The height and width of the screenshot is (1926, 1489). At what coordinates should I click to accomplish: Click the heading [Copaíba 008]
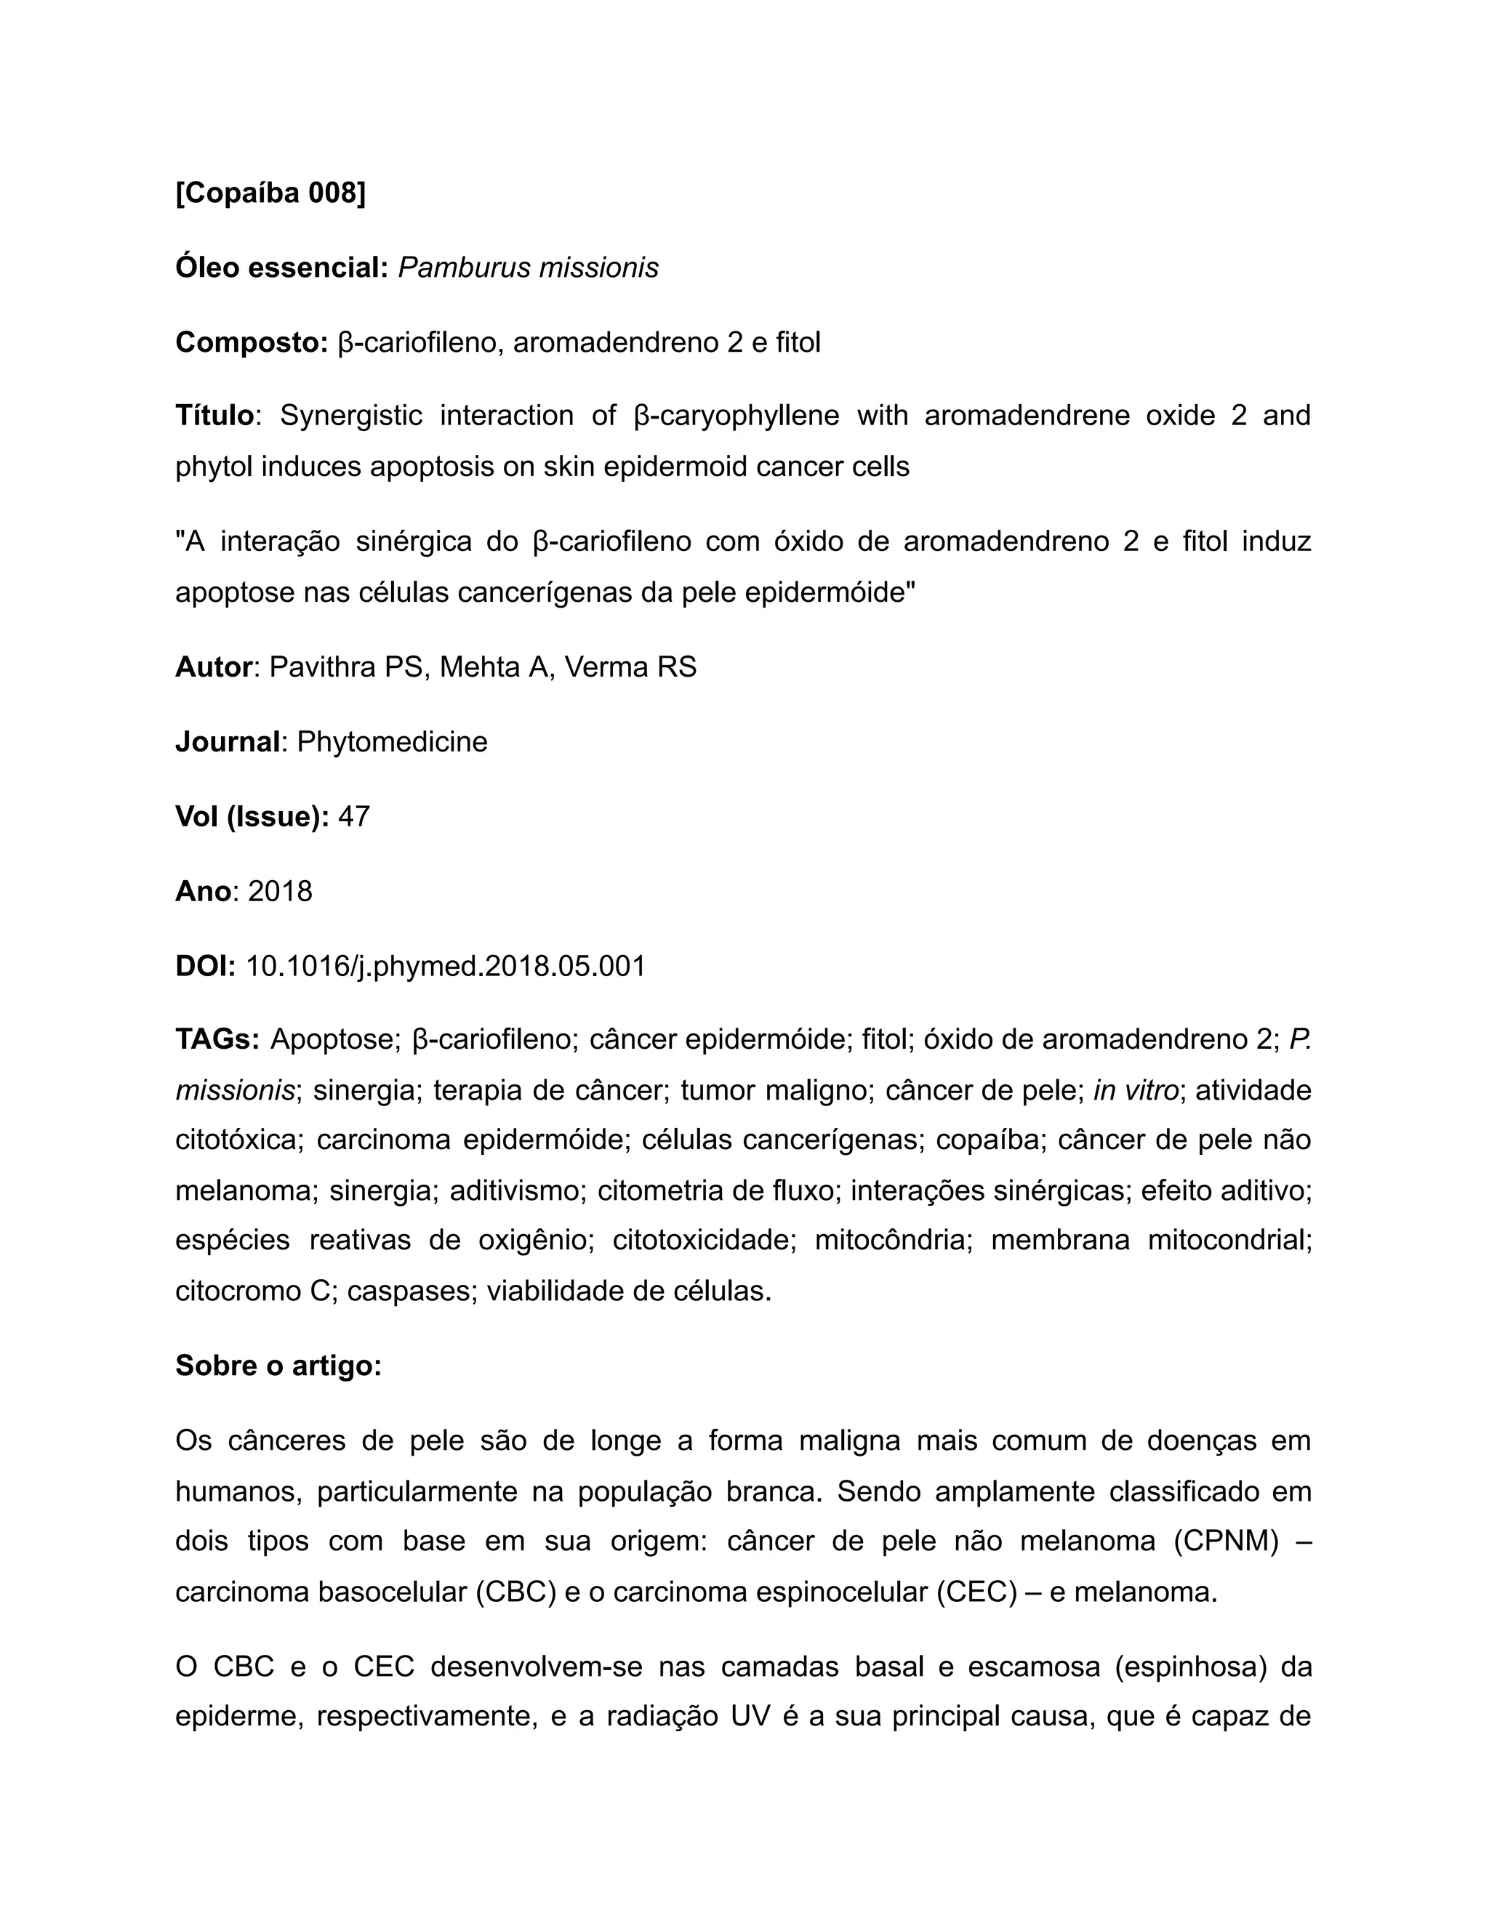[x=270, y=193]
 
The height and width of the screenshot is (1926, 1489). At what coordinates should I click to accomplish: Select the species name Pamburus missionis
[x=528, y=267]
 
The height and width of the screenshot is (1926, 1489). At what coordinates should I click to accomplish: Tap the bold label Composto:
[x=252, y=342]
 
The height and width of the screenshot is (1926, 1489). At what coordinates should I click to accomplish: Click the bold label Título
[x=214, y=415]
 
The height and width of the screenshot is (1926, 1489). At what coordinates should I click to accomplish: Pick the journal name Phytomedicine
[x=392, y=741]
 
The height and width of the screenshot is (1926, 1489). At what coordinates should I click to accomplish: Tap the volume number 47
[x=354, y=817]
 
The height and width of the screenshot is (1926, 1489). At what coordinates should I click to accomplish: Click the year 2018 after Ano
[x=280, y=892]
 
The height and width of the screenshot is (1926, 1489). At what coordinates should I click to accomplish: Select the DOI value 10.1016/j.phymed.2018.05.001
[x=446, y=967]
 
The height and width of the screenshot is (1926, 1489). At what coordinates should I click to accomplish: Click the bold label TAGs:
[x=217, y=1040]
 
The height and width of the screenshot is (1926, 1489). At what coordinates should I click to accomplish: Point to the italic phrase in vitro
[x=1136, y=1091]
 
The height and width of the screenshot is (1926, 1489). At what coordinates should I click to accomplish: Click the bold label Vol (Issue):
[x=252, y=817]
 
